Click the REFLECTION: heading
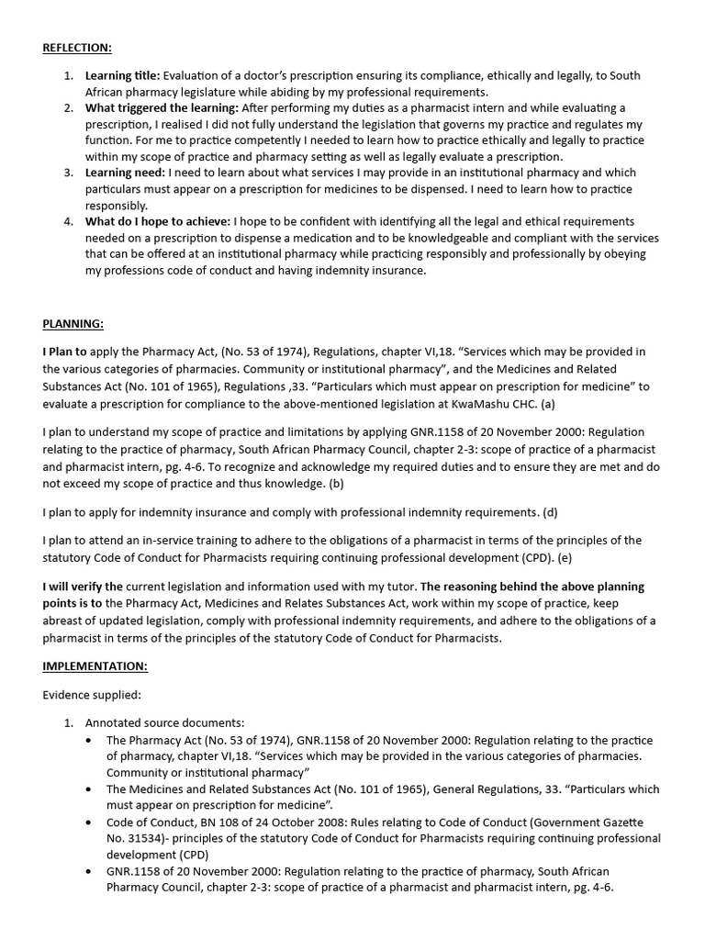(x=77, y=47)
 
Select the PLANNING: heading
(x=73, y=323)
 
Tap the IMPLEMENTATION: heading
(x=95, y=666)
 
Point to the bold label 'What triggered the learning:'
(x=162, y=108)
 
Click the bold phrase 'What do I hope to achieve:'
(x=158, y=222)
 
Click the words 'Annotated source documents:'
(x=165, y=723)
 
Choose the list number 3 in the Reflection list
(x=69, y=173)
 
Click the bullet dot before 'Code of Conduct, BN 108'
(x=87, y=822)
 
